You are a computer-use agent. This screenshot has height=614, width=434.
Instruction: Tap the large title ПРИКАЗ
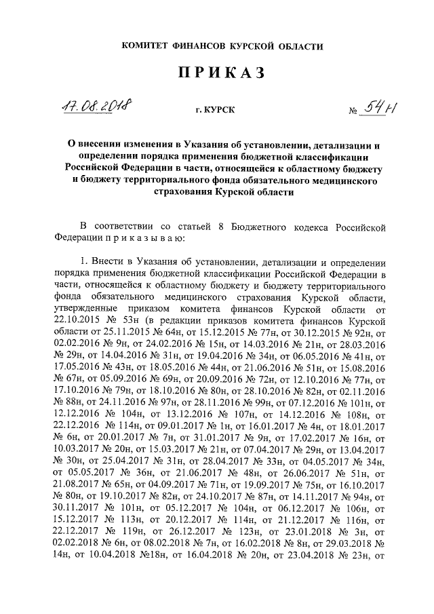tap(220, 74)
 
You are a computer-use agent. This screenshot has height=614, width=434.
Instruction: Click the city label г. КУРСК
tap(214, 110)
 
